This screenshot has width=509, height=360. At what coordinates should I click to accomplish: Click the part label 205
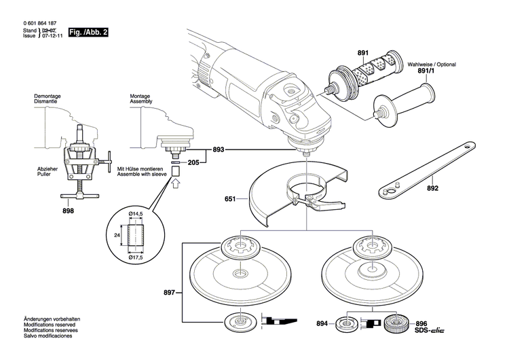tap(193, 163)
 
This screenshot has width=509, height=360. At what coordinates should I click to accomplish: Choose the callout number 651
tap(230, 200)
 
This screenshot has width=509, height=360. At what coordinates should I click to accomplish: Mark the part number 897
tap(170, 293)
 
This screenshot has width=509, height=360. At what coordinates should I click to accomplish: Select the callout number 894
tap(322, 342)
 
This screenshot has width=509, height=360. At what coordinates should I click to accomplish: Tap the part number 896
tap(421, 342)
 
